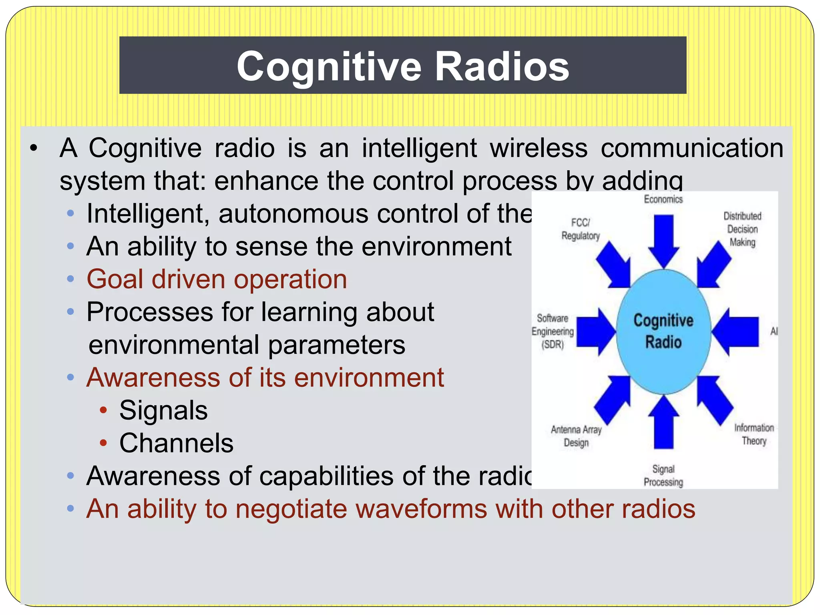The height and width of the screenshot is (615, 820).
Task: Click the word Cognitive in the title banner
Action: point(329,66)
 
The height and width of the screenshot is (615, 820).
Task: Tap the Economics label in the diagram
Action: point(663,199)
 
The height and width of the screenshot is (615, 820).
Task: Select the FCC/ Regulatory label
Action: point(580,229)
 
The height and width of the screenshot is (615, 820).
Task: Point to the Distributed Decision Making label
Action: point(742,229)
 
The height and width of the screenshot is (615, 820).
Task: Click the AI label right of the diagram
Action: point(774,331)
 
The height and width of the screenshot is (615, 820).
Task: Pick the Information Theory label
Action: point(754,434)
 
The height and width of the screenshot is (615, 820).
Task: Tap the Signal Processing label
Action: point(663,476)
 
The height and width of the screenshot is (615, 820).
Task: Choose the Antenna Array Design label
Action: point(576,436)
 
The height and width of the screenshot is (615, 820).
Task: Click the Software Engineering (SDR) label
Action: point(553,332)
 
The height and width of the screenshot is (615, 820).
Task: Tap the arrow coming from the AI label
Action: point(736,332)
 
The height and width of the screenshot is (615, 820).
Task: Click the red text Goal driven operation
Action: point(217,279)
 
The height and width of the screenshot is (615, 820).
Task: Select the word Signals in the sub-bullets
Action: point(163,410)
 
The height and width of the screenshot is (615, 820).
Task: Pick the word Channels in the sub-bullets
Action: point(176,443)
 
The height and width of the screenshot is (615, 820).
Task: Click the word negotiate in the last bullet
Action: point(291,509)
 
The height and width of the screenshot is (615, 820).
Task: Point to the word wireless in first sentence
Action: point(539,148)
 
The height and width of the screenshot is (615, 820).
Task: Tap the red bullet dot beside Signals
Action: point(103,410)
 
